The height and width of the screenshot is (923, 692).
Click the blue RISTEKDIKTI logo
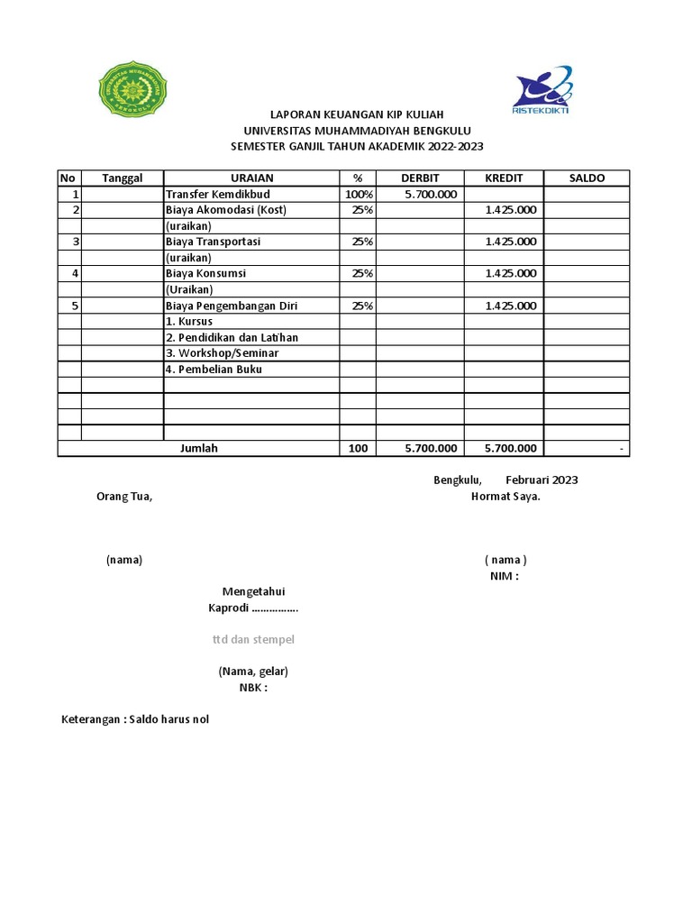[541, 89]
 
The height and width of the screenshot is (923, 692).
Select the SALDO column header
[586, 178]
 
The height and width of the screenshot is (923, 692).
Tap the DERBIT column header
[420, 178]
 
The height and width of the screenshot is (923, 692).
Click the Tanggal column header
[123, 178]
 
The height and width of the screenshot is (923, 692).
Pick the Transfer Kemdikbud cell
[217, 194]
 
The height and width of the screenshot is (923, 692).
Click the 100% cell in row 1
[358, 194]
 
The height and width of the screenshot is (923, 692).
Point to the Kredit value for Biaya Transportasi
[511, 242]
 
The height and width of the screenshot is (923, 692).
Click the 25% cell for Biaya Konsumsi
[361, 273]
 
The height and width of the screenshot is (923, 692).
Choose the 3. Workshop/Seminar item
[222, 353]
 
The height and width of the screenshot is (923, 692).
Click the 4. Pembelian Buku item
[214, 370]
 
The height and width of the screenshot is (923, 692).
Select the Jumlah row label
[199, 448]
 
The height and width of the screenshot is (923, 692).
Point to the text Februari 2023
[542, 480]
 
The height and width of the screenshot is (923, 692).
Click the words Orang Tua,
[124, 497]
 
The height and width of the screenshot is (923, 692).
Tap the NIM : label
[504, 576]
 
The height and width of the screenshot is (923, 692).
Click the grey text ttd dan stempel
[253, 639]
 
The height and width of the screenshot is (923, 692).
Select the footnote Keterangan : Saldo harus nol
[135, 719]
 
